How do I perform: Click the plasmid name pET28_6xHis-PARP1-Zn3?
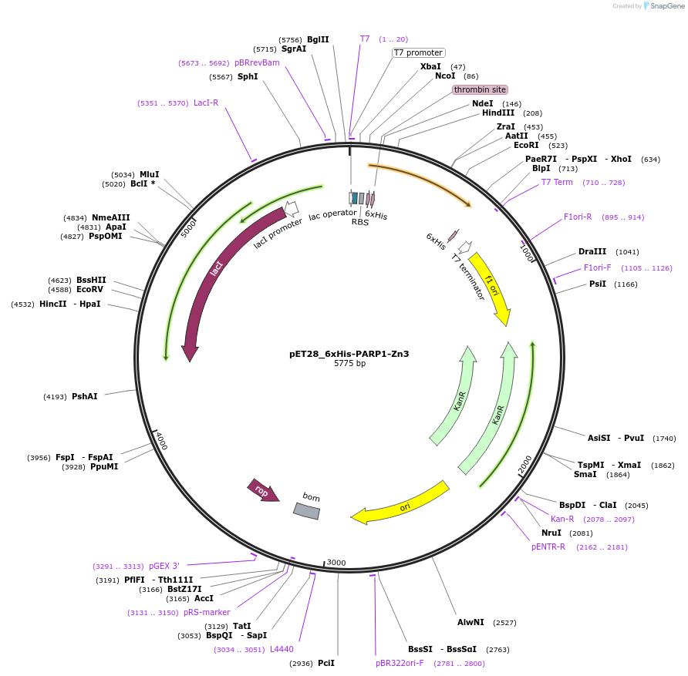tap(349, 354)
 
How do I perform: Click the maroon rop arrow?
tap(262, 490)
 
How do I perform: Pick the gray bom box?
tap(306, 510)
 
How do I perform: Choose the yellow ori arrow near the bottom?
tap(401, 505)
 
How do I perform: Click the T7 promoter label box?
tap(418, 53)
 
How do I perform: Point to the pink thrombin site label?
tap(480, 89)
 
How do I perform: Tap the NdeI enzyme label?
tap(482, 103)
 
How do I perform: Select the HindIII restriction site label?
tap(497, 113)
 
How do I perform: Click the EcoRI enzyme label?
tap(526, 145)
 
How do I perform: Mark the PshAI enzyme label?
tap(85, 396)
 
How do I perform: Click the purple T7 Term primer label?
tap(557, 182)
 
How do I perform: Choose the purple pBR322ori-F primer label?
tap(400, 663)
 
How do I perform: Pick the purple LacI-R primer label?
tap(206, 103)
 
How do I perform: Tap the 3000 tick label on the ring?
tap(336, 563)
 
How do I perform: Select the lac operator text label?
tap(332, 214)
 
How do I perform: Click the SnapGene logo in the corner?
tap(663, 6)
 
